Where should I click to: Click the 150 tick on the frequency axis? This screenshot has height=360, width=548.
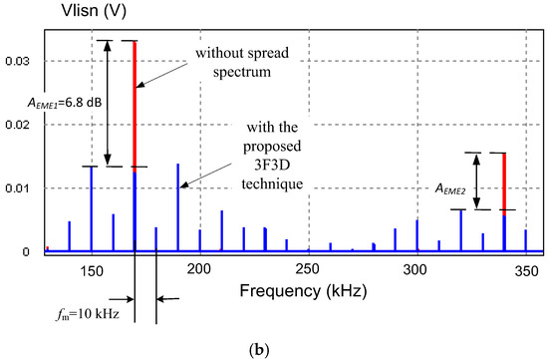[92, 269]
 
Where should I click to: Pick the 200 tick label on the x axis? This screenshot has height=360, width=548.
[199, 269]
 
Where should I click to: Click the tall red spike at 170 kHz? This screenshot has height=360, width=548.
[135, 100]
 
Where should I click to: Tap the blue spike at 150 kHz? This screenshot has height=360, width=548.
[92, 207]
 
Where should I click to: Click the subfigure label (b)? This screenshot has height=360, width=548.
[273, 348]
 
